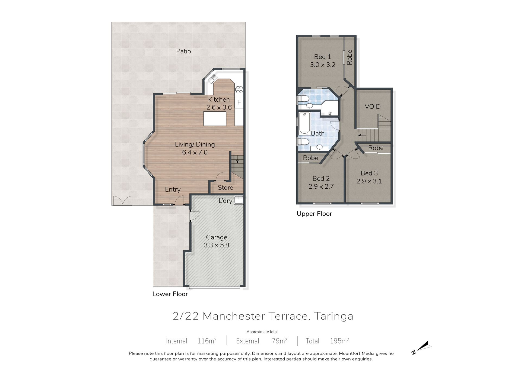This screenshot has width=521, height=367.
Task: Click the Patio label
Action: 183,51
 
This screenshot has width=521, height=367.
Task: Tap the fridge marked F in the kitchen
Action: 239,102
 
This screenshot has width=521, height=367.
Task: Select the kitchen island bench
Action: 215,119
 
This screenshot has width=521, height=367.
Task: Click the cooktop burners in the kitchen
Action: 239,89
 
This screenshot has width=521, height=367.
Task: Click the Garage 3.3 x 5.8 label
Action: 217,241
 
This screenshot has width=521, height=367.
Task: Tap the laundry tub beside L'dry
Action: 239,200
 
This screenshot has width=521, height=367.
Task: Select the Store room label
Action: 225,188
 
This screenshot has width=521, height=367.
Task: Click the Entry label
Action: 173,189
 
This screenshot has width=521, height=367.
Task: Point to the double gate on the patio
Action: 123,201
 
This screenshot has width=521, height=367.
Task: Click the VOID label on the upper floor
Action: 373,107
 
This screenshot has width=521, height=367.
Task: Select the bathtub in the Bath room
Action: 304,123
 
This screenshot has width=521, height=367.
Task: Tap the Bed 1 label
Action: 323,57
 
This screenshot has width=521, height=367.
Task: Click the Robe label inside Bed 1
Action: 350,57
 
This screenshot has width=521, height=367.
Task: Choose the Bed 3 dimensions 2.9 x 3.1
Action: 369,181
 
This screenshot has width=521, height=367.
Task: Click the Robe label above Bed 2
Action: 311,158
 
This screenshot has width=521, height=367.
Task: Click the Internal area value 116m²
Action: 207,341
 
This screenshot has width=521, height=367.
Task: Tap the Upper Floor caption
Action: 314,214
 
